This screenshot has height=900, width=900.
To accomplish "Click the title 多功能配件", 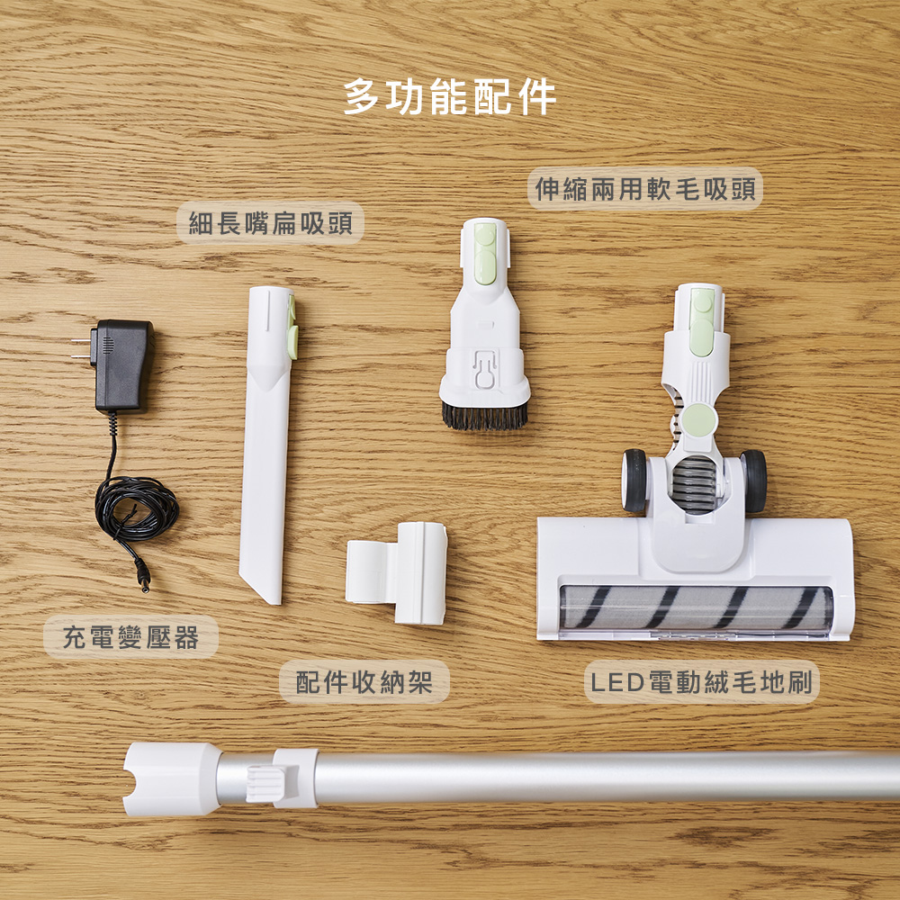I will click(x=450, y=96).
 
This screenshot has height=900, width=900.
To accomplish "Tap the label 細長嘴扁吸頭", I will click(x=270, y=223).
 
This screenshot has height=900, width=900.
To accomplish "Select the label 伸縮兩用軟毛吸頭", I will click(x=644, y=189).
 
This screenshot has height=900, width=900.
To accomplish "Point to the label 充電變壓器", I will click(x=130, y=637).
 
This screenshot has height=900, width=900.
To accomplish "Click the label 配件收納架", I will click(x=364, y=681).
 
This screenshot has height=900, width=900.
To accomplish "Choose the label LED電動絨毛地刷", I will click(x=702, y=682).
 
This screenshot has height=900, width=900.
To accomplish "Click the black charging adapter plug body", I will click(x=122, y=364).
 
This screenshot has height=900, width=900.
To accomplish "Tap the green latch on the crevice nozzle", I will click(x=292, y=328).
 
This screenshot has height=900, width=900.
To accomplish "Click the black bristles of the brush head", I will click(x=484, y=414).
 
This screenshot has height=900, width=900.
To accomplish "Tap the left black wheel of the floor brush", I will click(x=634, y=481).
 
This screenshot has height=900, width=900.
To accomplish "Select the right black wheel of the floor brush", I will click(x=753, y=481).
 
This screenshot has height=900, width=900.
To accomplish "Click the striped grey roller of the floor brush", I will click(x=693, y=607).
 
